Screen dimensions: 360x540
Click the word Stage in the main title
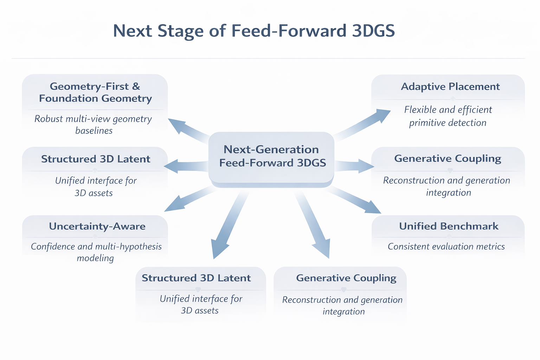(180, 31)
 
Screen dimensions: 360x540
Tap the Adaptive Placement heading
(450, 86)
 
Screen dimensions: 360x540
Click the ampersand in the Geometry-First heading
(136, 86)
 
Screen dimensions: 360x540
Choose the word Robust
(49, 119)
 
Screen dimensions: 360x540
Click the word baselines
(94, 131)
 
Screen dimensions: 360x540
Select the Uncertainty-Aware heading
(97, 226)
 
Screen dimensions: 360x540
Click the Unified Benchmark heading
(449, 226)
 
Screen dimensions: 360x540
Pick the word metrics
(490, 246)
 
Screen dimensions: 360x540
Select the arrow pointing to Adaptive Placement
(366, 123)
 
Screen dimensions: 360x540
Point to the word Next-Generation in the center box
(271, 149)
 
